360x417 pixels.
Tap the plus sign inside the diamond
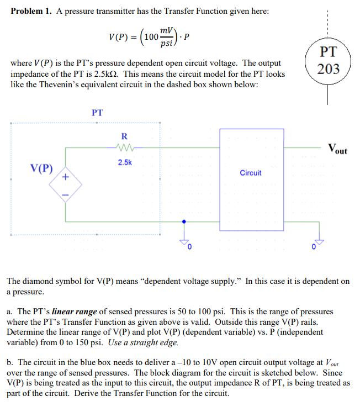click(x=65, y=177)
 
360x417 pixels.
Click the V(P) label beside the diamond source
click(x=42, y=168)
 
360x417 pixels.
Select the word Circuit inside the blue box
click(x=251, y=173)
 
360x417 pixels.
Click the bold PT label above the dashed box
click(x=97, y=112)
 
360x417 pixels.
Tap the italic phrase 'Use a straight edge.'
click(x=144, y=342)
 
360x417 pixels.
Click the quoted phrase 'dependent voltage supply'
click(x=177, y=281)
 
